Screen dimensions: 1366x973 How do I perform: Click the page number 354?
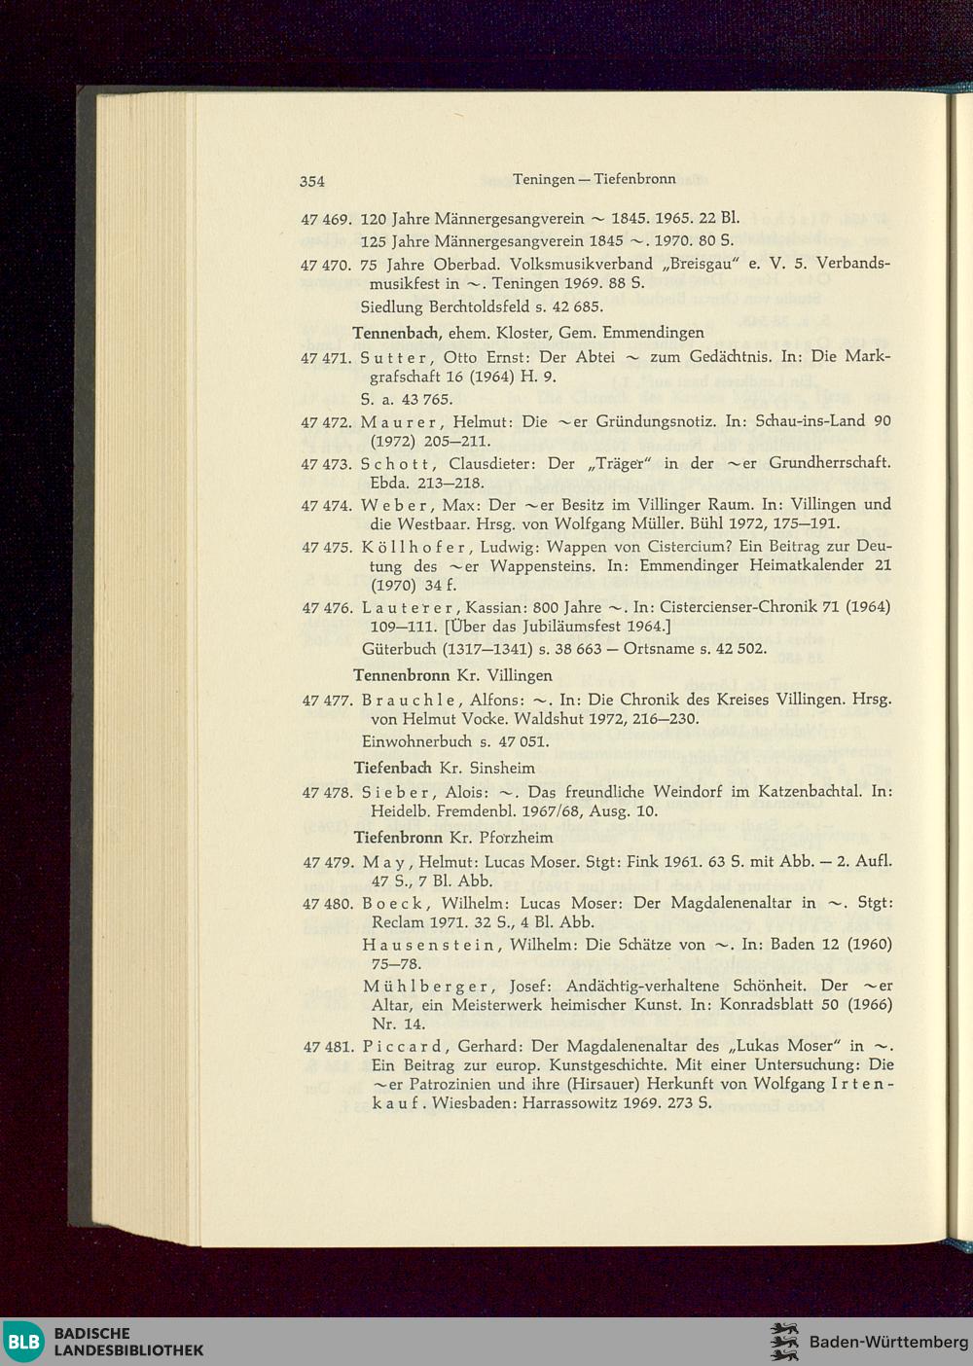click(x=311, y=180)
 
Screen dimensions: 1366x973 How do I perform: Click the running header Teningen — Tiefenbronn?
click(x=594, y=179)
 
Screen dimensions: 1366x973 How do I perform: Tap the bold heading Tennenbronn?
click(x=401, y=674)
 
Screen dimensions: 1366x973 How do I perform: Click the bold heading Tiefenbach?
click(x=393, y=768)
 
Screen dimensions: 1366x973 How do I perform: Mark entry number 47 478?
click(x=327, y=792)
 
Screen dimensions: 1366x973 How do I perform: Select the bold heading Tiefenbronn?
click(x=399, y=837)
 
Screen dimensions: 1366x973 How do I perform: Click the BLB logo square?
click(x=24, y=1342)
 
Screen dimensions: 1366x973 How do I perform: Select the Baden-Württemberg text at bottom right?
click(x=888, y=1343)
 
